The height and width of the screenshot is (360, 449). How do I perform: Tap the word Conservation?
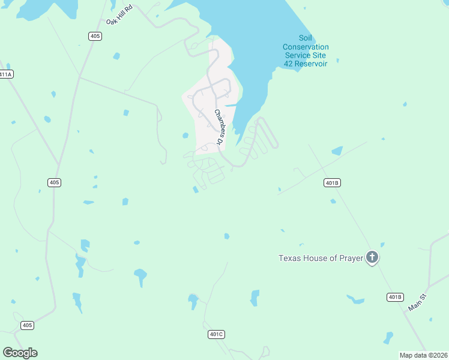[x=306, y=47]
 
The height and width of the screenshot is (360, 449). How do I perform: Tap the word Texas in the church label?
[x=289, y=259]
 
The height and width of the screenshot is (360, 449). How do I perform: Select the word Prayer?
[x=351, y=259]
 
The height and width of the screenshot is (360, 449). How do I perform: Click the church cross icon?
[x=372, y=258]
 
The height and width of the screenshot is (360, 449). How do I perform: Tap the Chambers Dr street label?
[x=218, y=127]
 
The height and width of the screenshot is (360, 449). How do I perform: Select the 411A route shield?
[x=5, y=74]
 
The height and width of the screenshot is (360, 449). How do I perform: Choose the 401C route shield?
[x=216, y=334]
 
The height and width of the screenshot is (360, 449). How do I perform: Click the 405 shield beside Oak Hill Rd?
[x=95, y=37]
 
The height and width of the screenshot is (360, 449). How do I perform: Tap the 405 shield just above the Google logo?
[x=27, y=325]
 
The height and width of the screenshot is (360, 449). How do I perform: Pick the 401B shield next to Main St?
[x=395, y=297]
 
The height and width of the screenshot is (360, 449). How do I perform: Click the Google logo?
[x=20, y=353]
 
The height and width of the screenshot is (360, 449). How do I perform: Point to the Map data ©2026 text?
[x=423, y=355]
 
